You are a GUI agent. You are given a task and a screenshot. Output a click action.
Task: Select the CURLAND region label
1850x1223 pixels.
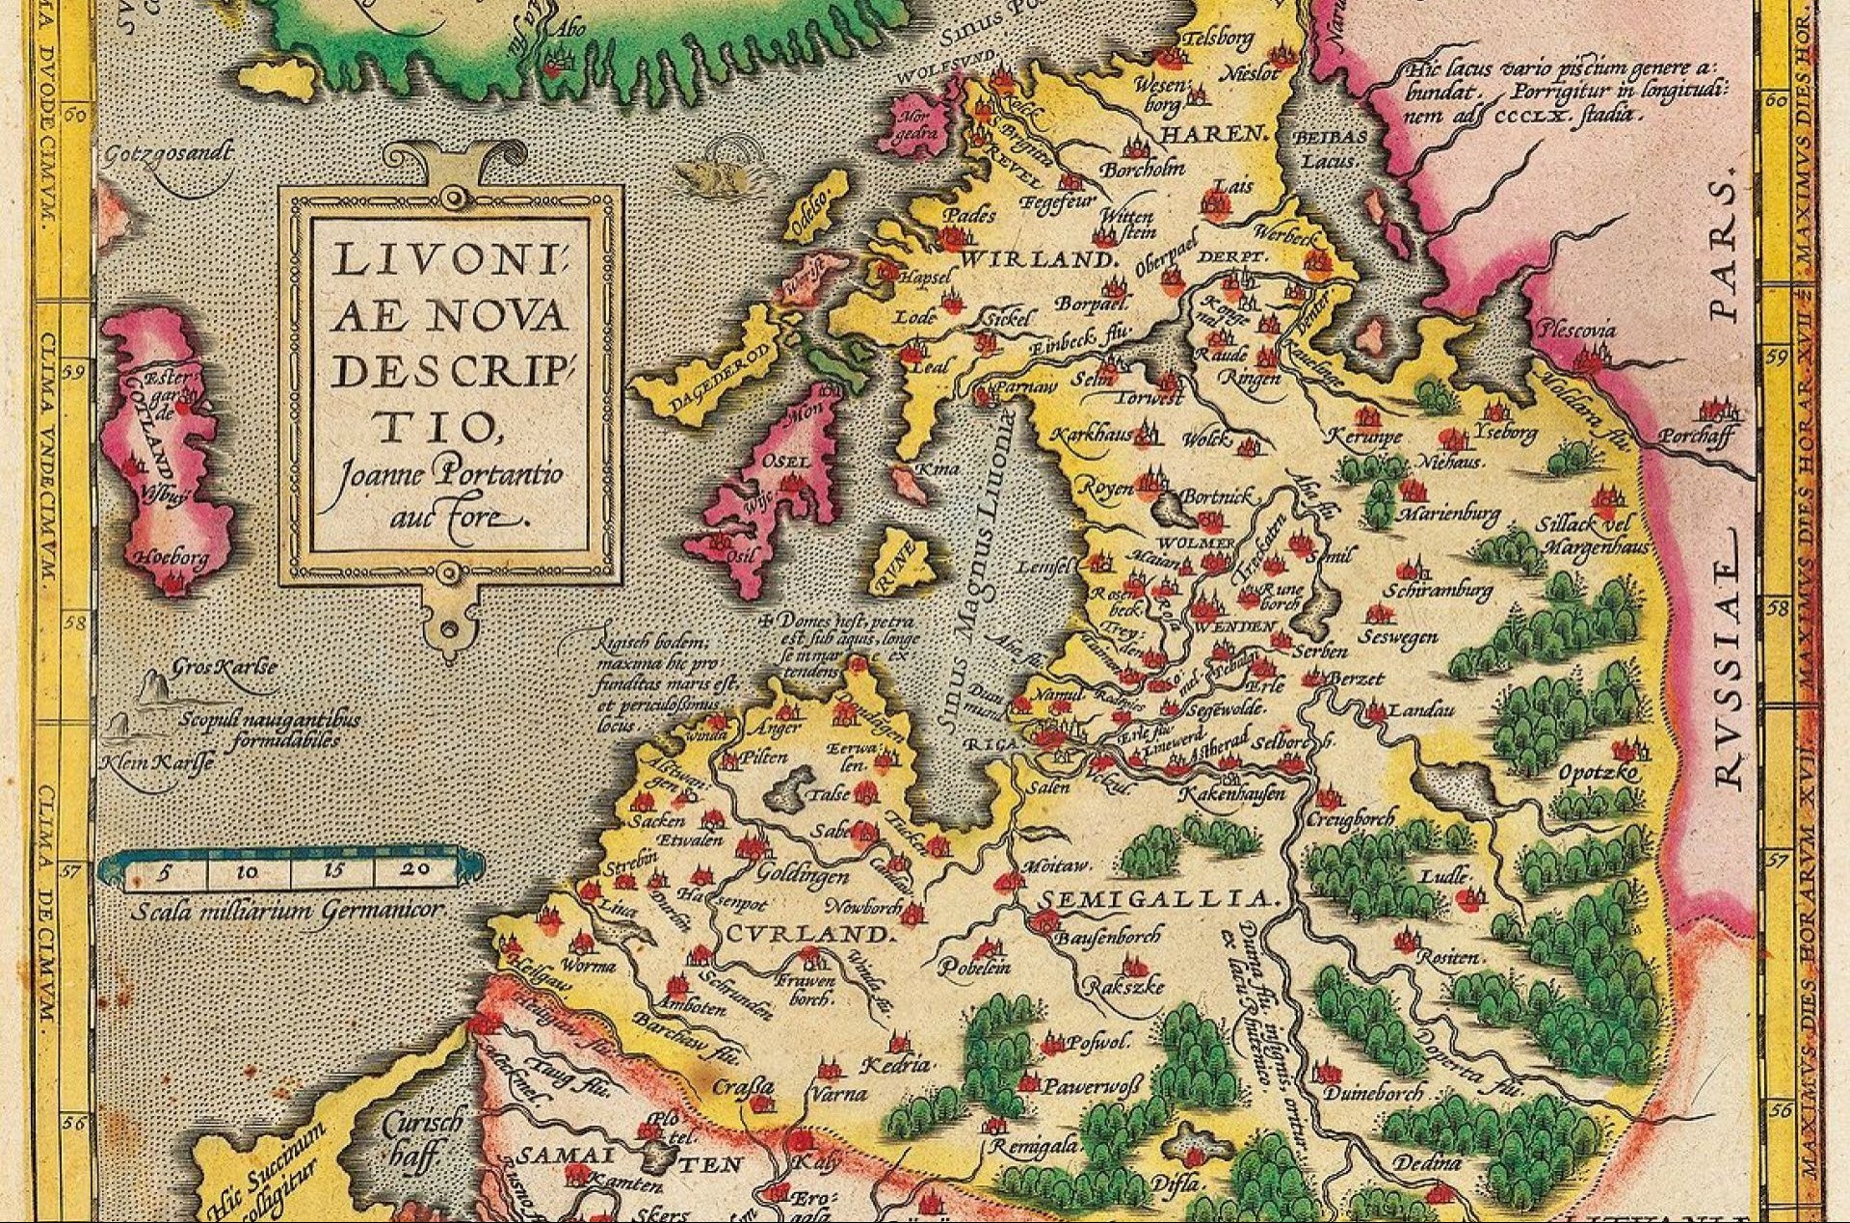(806, 933)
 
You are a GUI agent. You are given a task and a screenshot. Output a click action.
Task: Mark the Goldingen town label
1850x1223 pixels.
(801, 876)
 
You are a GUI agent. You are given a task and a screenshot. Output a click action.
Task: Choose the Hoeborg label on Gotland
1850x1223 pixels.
(160, 557)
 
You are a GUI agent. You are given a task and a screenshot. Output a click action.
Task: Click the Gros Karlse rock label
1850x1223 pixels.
(224, 667)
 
